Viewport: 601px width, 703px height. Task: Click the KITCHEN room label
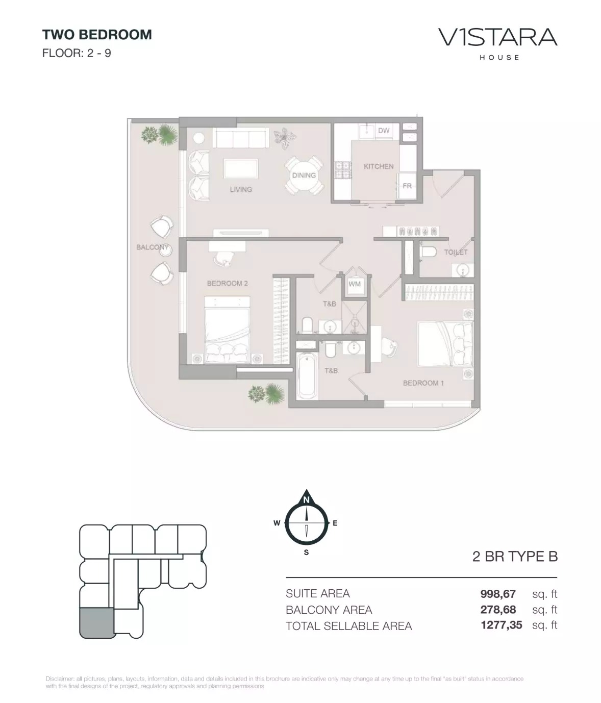click(378, 166)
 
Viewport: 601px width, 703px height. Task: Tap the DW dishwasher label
click(384, 131)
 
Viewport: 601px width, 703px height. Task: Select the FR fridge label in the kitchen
click(407, 186)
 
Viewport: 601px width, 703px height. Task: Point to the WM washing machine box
click(355, 284)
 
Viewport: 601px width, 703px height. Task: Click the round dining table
click(304, 175)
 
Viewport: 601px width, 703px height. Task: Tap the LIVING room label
click(241, 189)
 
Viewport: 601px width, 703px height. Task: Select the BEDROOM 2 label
click(227, 283)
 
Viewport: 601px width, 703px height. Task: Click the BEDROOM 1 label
click(423, 383)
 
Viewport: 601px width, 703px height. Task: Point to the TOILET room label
click(456, 252)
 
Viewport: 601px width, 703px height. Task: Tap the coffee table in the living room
click(240, 168)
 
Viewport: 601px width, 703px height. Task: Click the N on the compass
click(306, 500)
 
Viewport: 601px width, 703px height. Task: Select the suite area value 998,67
click(498, 594)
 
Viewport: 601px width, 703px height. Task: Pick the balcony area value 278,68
click(498, 610)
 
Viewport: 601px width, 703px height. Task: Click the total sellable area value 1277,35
click(501, 625)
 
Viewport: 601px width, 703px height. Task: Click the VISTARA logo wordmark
click(497, 37)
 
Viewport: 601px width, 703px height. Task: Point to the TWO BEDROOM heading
click(97, 35)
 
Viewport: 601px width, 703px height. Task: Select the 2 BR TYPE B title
click(515, 557)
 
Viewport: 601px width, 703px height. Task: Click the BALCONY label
click(152, 247)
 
